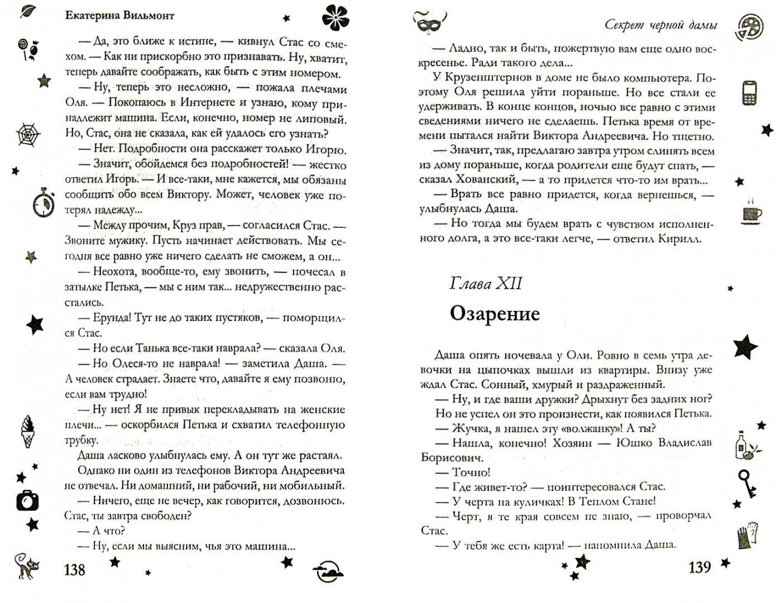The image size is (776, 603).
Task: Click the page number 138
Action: pyautogui.click(x=74, y=569)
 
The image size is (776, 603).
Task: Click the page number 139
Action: pyautogui.click(x=700, y=567)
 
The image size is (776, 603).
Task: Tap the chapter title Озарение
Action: pyautogui.click(x=495, y=314)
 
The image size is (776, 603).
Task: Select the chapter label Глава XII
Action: pyautogui.click(x=485, y=284)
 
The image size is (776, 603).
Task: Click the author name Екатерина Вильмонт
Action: pyautogui.click(x=119, y=15)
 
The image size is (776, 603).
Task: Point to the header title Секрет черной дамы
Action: pyautogui.click(x=661, y=25)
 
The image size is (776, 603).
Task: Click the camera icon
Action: pyautogui.click(x=27, y=500)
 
